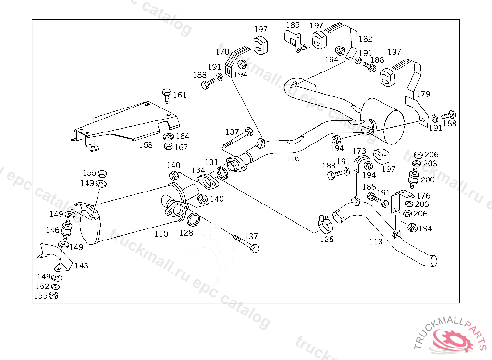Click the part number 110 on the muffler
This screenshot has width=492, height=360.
pyautogui.click(x=161, y=234)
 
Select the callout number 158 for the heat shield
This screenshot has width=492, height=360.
pyautogui.click(x=146, y=145)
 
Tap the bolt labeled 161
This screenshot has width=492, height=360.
pyautogui.click(x=167, y=96)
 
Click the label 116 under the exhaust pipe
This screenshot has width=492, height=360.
pyautogui.click(x=293, y=158)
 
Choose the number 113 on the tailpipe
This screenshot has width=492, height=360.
pyautogui.click(x=376, y=241)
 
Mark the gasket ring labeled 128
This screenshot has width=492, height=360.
pyautogui.click(x=193, y=219)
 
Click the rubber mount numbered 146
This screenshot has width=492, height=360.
pyautogui.click(x=66, y=230)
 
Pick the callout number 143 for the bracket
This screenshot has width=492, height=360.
pyautogui.click(x=82, y=265)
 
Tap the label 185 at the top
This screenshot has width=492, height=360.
pyautogui.click(x=293, y=25)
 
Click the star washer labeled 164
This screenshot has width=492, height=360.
pyautogui.click(x=169, y=137)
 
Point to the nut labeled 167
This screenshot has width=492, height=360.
pyautogui.click(x=169, y=146)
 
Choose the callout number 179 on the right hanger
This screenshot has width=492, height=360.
pyautogui.click(x=423, y=94)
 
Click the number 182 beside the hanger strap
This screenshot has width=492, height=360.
pyautogui.click(x=366, y=39)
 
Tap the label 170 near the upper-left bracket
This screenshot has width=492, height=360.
pyautogui.click(x=222, y=52)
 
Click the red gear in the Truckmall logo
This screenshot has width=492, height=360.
pyautogui.click(x=452, y=340)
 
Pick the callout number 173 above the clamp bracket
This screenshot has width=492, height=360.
pyautogui.click(x=359, y=152)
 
